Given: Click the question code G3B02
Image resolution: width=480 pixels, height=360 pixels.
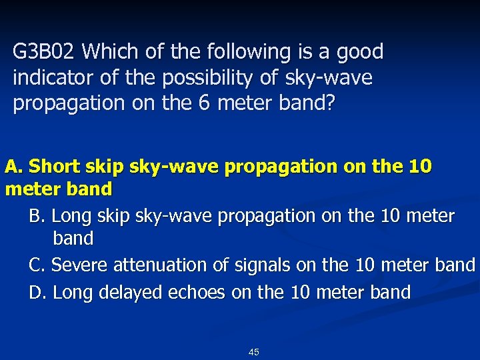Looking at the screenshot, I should tap(45, 51).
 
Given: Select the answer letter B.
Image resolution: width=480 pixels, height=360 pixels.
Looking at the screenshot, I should tap(37, 216).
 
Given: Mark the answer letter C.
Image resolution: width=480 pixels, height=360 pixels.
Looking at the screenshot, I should tap(37, 265).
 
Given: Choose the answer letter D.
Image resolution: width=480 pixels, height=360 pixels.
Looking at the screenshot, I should tap(37, 292).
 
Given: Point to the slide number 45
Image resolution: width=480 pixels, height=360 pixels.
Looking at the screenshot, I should tap(253, 352).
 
